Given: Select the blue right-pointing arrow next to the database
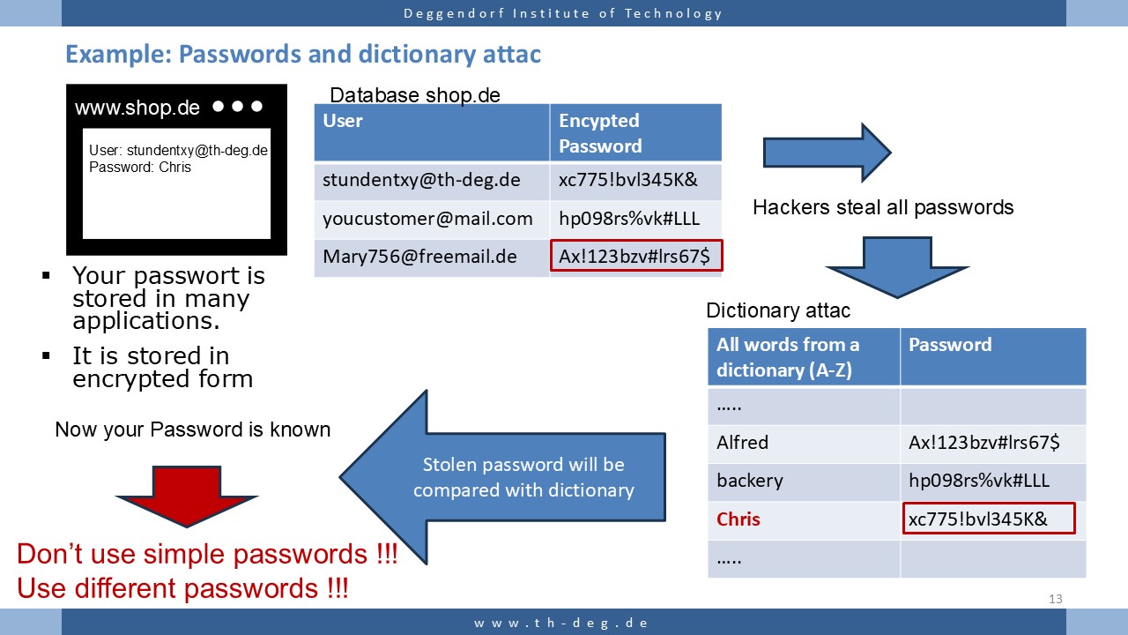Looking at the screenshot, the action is click(827, 153).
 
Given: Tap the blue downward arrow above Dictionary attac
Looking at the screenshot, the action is click(897, 267).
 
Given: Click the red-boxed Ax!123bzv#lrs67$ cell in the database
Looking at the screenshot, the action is click(636, 256).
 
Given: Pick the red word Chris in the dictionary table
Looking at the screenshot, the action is click(738, 519).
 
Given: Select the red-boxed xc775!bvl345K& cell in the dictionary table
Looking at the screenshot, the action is click(989, 519).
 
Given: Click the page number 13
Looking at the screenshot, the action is click(1056, 599).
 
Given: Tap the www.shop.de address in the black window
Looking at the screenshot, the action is click(137, 108).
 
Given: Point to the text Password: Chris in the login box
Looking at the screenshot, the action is click(140, 167).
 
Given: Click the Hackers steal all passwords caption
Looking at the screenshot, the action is click(883, 207).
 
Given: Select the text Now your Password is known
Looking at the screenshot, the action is click(192, 430).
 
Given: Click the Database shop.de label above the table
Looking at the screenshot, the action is click(415, 94).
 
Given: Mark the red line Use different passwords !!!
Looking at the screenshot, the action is click(182, 588).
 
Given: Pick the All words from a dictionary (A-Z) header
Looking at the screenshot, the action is click(788, 357).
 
